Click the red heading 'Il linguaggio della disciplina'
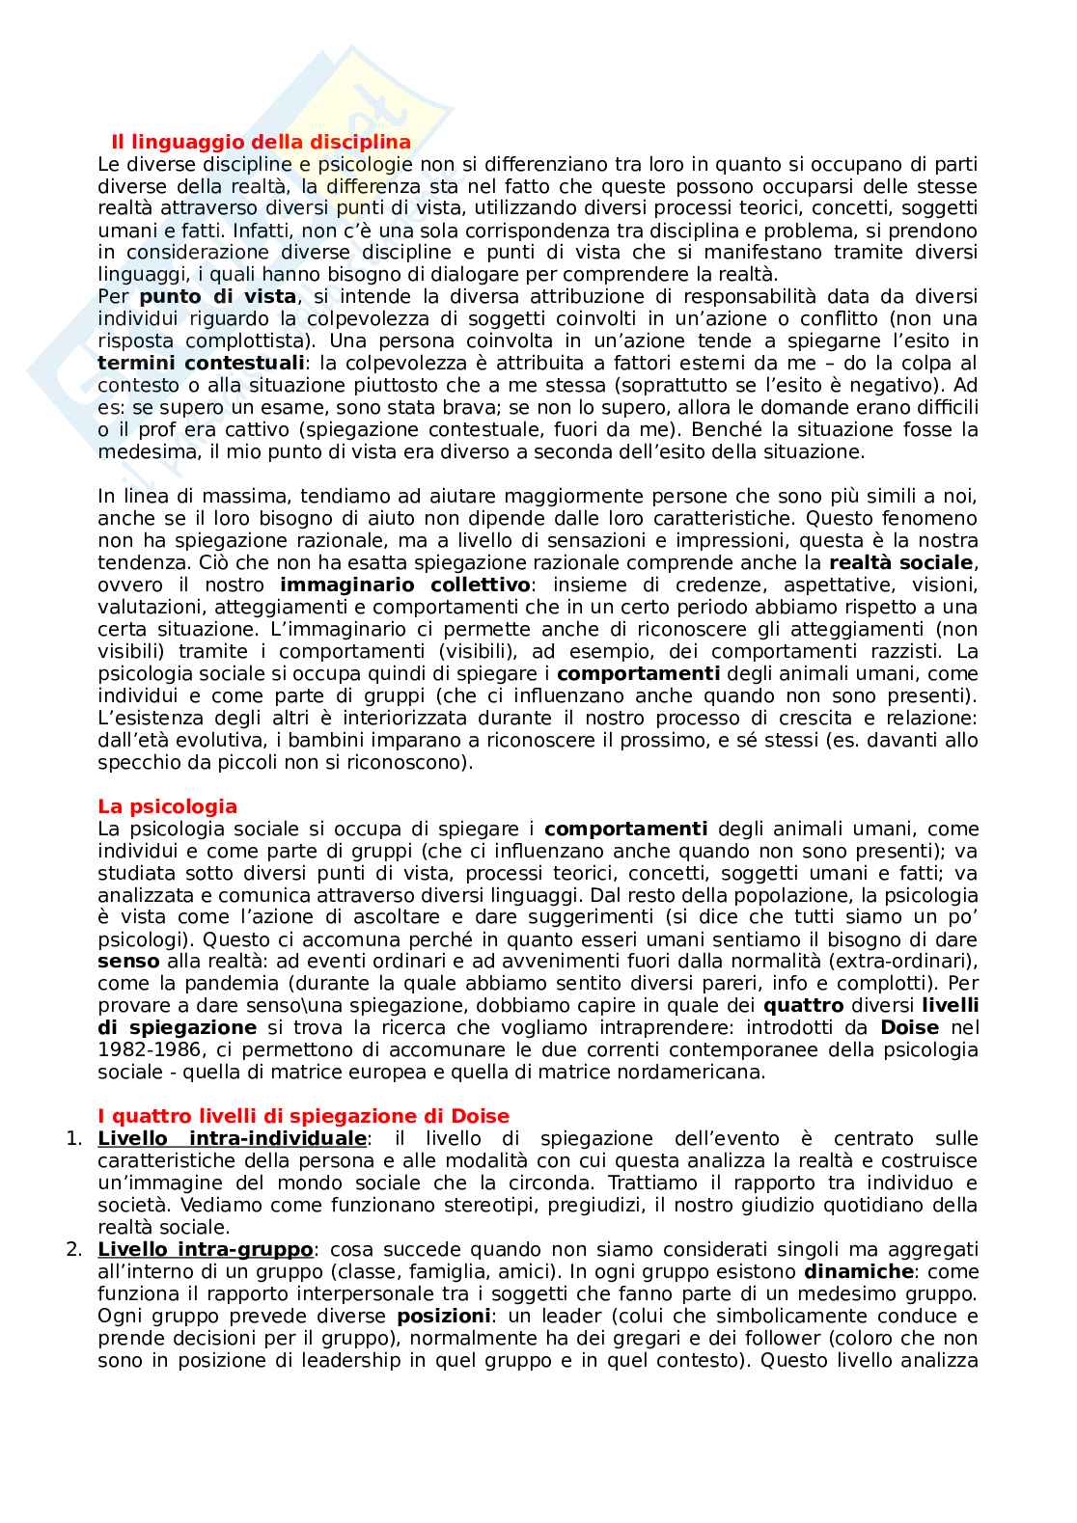[261, 143]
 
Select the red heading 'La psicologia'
[167, 806]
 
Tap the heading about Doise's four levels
[303, 1116]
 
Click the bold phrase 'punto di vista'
[217, 297]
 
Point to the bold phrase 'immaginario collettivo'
[404, 585]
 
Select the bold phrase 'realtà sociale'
[901, 562]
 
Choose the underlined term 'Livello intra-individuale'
[232, 1139]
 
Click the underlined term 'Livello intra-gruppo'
[206, 1250]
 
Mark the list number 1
[73, 1139]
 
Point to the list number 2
[73, 1250]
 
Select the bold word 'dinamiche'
[859, 1272]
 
